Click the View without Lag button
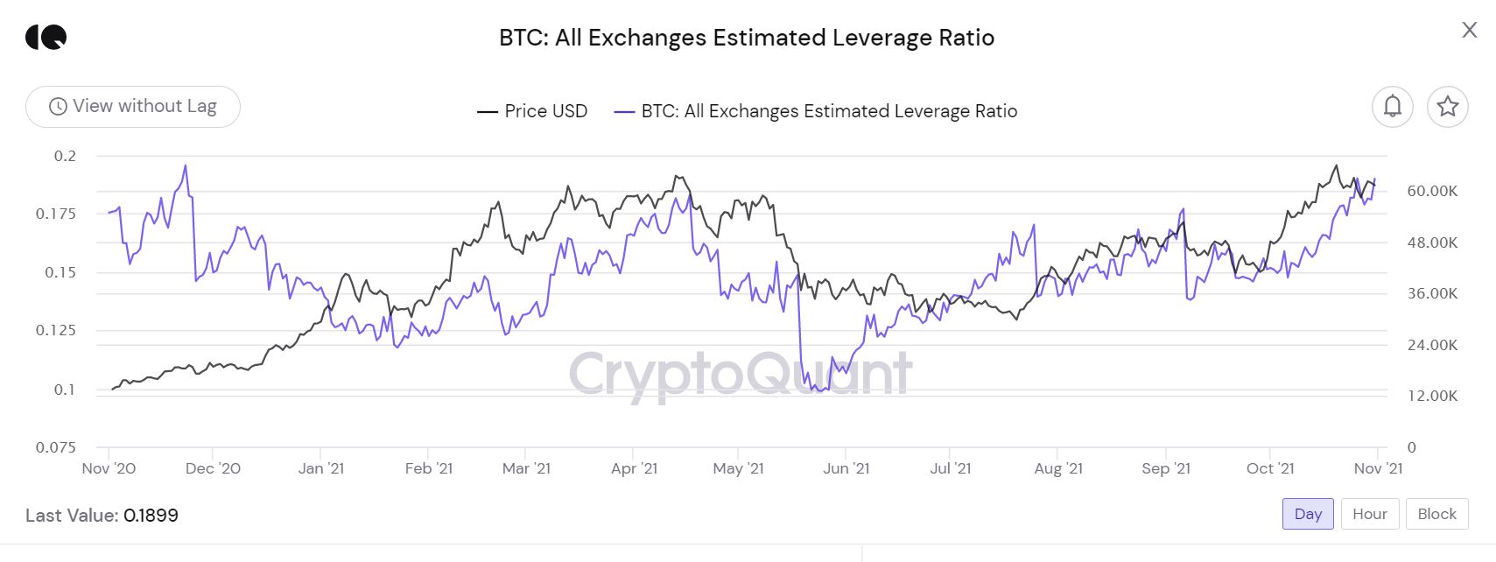[133, 107]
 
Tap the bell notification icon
[1392, 107]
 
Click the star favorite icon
[1447, 107]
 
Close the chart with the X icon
[1469, 31]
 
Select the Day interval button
[1308, 514]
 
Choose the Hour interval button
[1369, 514]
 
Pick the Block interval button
[1436, 514]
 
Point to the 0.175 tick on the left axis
[55, 214]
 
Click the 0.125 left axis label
[55, 330]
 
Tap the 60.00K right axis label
[1432, 191]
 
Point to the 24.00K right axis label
[1432, 345]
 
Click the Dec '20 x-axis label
[213, 468]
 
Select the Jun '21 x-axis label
[846, 468]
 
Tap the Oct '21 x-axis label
[1269, 468]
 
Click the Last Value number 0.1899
[151, 516]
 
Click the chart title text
[747, 38]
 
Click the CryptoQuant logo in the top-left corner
[46, 37]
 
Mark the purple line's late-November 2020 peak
[186, 165]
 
